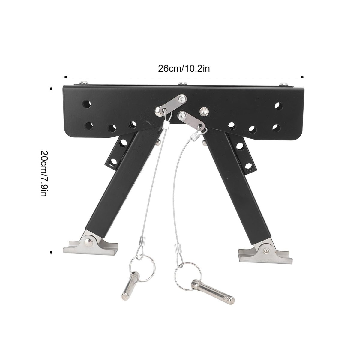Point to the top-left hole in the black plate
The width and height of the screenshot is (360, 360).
pyautogui.click(x=87, y=104)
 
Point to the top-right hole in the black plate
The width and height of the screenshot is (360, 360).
pyautogui.click(x=278, y=106)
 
